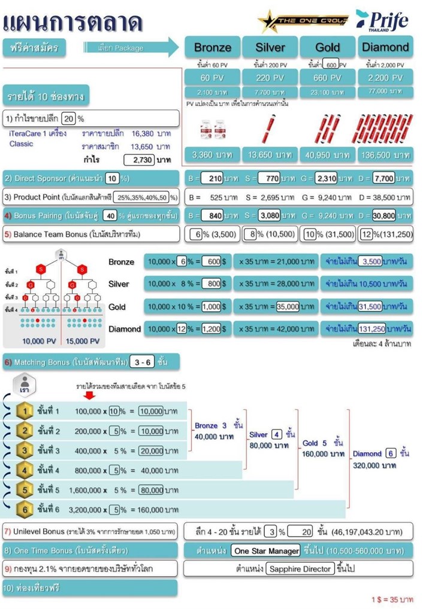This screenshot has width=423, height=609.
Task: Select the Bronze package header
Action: (x=212, y=47)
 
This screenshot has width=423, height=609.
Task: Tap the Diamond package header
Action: (x=385, y=47)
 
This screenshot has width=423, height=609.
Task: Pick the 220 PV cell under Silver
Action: (x=270, y=78)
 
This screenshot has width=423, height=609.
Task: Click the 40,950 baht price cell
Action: (x=327, y=155)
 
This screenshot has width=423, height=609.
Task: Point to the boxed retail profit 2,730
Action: (x=140, y=160)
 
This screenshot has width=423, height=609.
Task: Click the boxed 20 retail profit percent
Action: (x=69, y=118)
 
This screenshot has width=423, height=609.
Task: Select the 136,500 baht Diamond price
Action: (x=385, y=155)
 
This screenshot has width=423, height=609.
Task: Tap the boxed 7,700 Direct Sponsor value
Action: (x=383, y=178)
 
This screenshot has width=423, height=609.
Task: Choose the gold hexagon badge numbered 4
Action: (x=23, y=470)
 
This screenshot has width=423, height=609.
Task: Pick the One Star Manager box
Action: (x=266, y=550)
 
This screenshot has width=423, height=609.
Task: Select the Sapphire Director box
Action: (x=300, y=568)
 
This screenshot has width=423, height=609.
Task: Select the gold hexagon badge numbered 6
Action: (x=23, y=510)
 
